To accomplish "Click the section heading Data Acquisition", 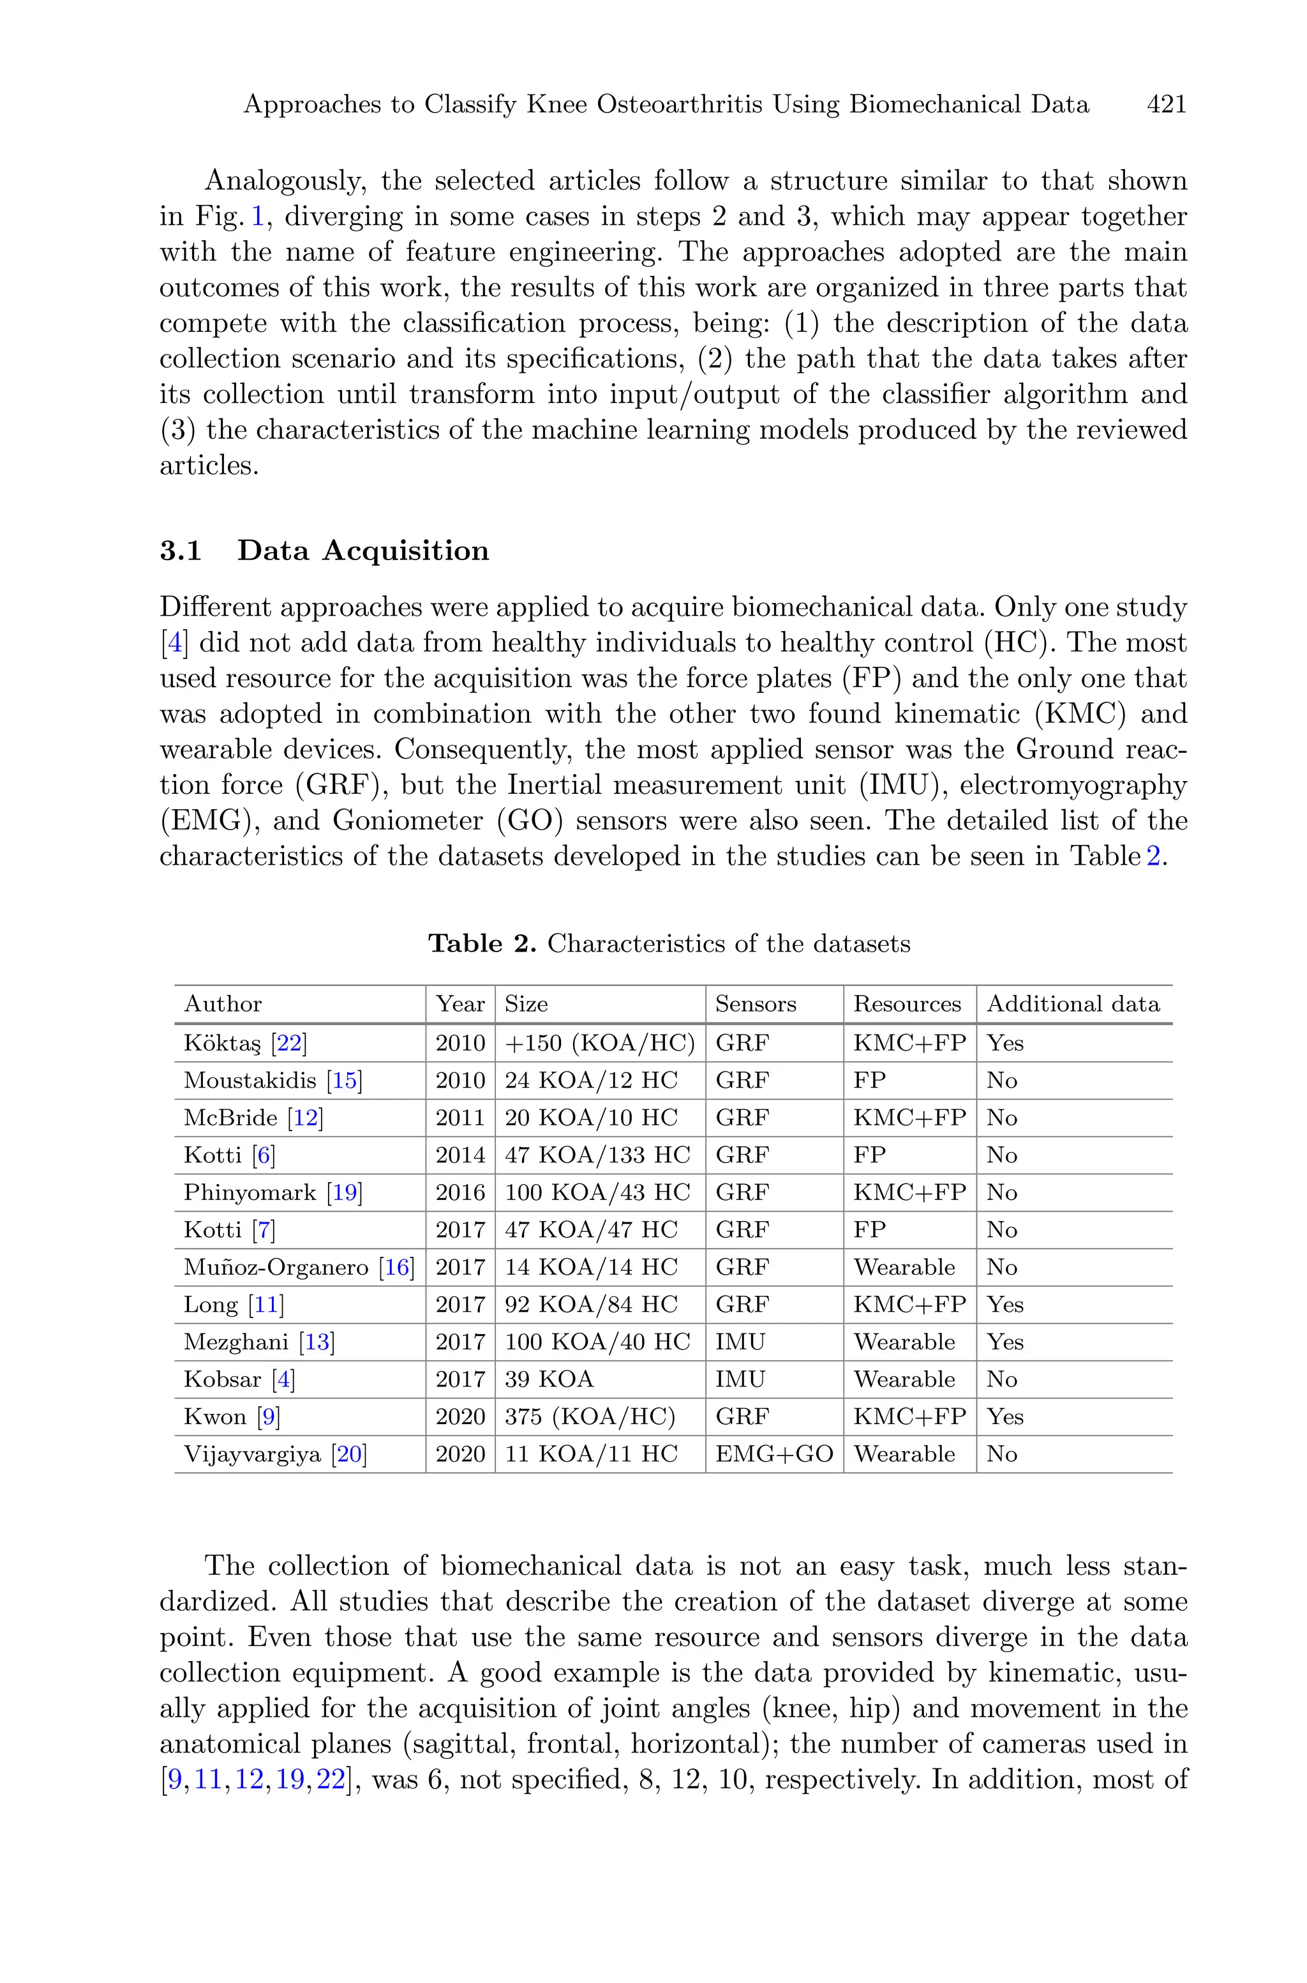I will pyautogui.click(x=362, y=551).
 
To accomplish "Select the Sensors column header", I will pyautogui.click(x=755, y=1004).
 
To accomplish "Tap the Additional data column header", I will pyautogui.click(x=1073, y=1004).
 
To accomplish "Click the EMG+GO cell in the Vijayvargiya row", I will pyautogui.click(x=773, y=1454).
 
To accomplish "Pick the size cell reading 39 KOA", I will pyautogui.click(x=549, y=1379).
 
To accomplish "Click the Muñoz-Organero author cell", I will pyautogui.click(x=276, y=1268).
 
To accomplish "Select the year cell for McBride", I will pyautogui.click(x=460, y=1118).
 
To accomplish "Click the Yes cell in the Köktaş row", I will pyautogui.click(x=1005, y=1043).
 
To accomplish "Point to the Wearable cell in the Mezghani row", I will pyautogui.click(x=904, y=1342).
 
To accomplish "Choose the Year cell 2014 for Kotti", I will pyautogui.click(x=460, y=1155).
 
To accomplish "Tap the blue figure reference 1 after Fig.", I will pyautogui.click(x=258, y=217).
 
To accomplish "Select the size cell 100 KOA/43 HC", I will pyautogui.click(x=597, y=1192).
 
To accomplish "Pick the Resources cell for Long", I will pyautogui.click(x=909, y=1304).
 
